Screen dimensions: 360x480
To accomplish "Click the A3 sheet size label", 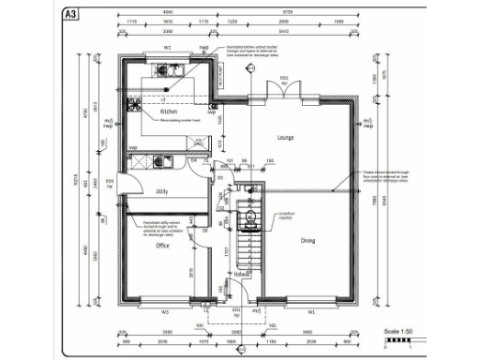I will [69, 14].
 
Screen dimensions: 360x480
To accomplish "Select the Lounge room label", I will [286, 137].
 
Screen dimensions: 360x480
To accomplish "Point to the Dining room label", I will [307, 240].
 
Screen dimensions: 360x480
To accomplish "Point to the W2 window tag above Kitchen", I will [167, 46].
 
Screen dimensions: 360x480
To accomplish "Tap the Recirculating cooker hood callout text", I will [181, 121].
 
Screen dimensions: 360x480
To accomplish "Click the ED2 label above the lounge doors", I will [282, 76].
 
